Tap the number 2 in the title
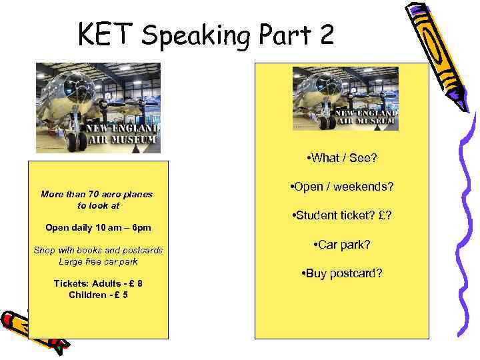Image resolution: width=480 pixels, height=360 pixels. [325, 35]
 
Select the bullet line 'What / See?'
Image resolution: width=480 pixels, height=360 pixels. [341, 158]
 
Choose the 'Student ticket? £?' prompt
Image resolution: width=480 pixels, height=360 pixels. [341, 215]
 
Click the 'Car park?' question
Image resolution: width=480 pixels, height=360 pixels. [341, 245]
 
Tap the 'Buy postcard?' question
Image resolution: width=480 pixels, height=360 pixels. [341, 273]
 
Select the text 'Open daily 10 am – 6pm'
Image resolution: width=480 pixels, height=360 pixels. [98, 227]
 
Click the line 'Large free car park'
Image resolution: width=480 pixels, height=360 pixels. [98, 261]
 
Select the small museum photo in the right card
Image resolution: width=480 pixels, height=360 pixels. [345, 99]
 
